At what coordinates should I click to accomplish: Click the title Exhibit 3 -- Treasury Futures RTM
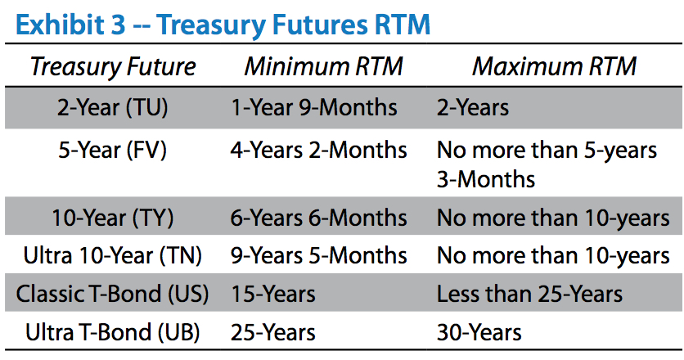[223, 25]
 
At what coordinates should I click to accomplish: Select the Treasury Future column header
[113, 67]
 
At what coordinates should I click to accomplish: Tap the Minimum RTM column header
[323, 67]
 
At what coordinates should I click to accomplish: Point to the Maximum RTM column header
[554, 67]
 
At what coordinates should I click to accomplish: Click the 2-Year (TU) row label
[113, 108]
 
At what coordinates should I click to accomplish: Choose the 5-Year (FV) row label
[113, 151]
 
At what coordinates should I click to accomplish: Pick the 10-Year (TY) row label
[113, 218]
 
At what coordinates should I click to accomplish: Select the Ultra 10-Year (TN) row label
[113, 256]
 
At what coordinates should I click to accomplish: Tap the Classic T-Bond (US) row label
[113, 294]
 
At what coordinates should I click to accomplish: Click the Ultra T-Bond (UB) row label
[113, 332]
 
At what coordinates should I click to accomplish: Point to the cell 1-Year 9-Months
[314, 108]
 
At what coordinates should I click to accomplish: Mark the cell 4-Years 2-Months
[319, 151]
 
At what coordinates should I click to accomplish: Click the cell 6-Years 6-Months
[319, 218]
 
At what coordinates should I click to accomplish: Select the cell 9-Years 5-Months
[319, 256]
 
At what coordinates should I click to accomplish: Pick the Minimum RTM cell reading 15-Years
[273, 294]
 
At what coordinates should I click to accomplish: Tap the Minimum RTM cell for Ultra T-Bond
[273, 332]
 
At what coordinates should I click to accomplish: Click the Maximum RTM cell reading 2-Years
[473, 108]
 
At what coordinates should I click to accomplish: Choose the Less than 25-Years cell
[529, 294]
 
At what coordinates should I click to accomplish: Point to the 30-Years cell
[479, 332]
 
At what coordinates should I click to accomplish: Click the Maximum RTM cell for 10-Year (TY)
[553, 218]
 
